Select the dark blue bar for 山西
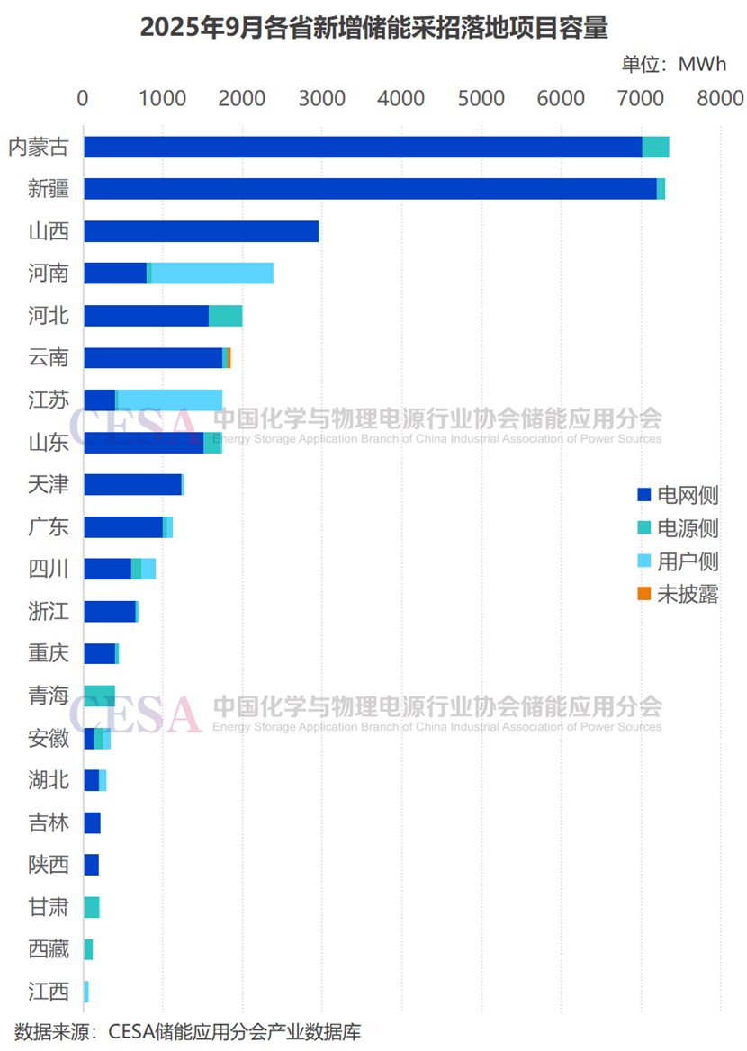click(201, 231)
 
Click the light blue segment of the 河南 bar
click(211, 274)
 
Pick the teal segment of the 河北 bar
click(225, 316)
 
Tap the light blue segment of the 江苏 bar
click(169, 400)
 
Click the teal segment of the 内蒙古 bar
click(655, 147)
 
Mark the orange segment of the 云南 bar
click(229, 358)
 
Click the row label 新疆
click(49, 189)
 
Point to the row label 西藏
click(49, 949)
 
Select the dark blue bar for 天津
click(132, 485)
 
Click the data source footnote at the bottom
click(187, 1031)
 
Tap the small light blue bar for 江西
click(86, 992)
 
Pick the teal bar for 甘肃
click(91, 907)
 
